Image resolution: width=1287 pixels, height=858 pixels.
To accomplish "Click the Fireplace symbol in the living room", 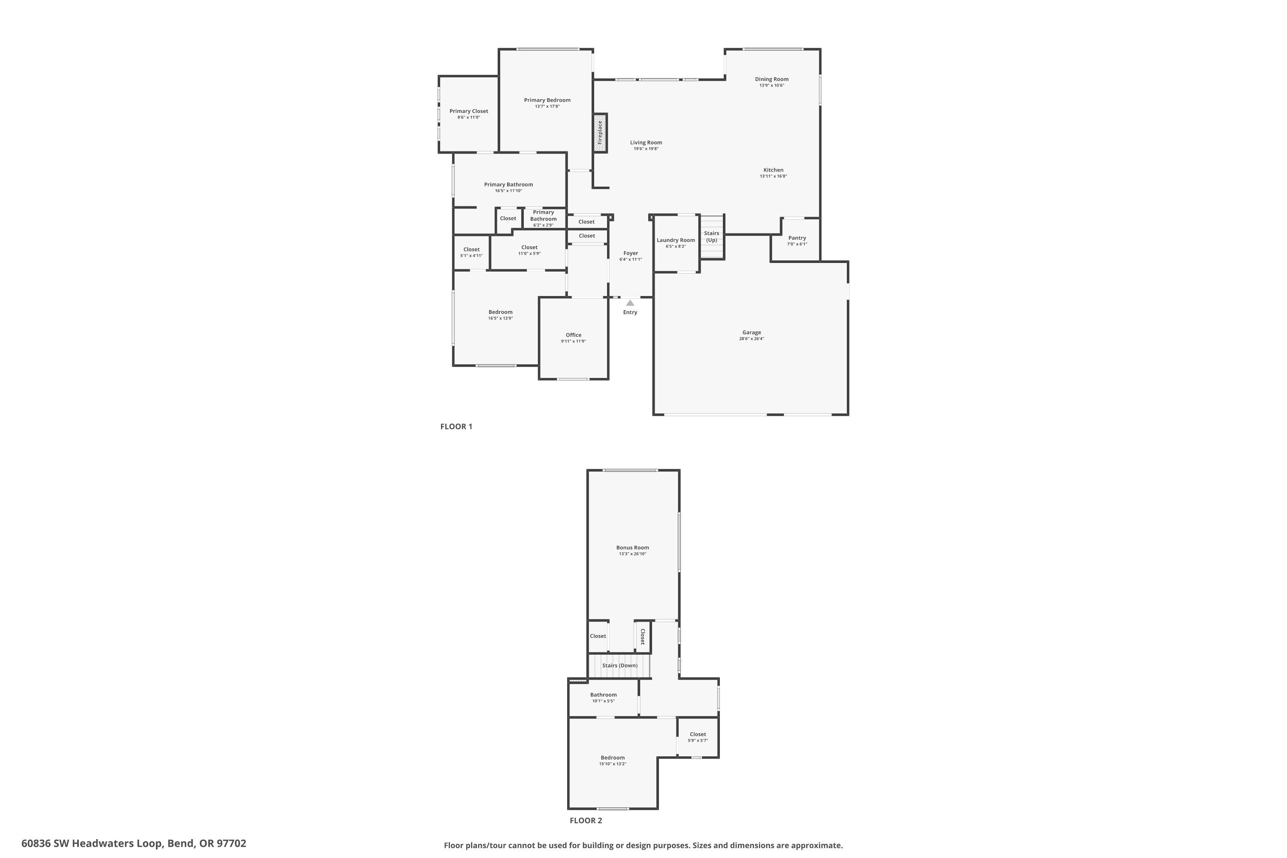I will (600, 133).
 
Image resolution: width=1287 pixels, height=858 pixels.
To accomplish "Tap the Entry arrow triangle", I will (630, 302).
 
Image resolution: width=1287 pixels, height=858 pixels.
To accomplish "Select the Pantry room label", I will (797, 238).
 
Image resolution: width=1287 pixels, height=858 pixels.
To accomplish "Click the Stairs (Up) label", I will (711, 236).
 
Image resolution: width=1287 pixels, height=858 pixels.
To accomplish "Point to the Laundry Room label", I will (675, 240).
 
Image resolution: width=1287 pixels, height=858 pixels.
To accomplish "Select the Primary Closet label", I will (468, 111).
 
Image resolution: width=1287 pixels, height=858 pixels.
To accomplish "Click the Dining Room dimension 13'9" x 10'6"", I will (771, 85).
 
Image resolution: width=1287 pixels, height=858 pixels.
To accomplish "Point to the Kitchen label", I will (773, 170).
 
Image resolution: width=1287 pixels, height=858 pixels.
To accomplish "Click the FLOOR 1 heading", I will (456, 426).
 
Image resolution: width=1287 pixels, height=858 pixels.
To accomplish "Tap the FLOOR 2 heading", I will (586, 820).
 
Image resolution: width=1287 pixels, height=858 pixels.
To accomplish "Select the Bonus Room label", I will (632, 547).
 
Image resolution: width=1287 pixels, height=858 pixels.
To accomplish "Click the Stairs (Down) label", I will (619, 665).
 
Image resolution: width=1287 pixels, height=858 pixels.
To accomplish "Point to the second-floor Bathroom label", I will (603, 695).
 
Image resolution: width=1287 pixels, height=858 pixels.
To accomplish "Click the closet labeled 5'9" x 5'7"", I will (697, 737).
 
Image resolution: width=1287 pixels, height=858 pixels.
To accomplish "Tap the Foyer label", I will (630, 254).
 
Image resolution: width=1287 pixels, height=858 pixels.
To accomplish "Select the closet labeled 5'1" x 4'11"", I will (471, 252).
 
